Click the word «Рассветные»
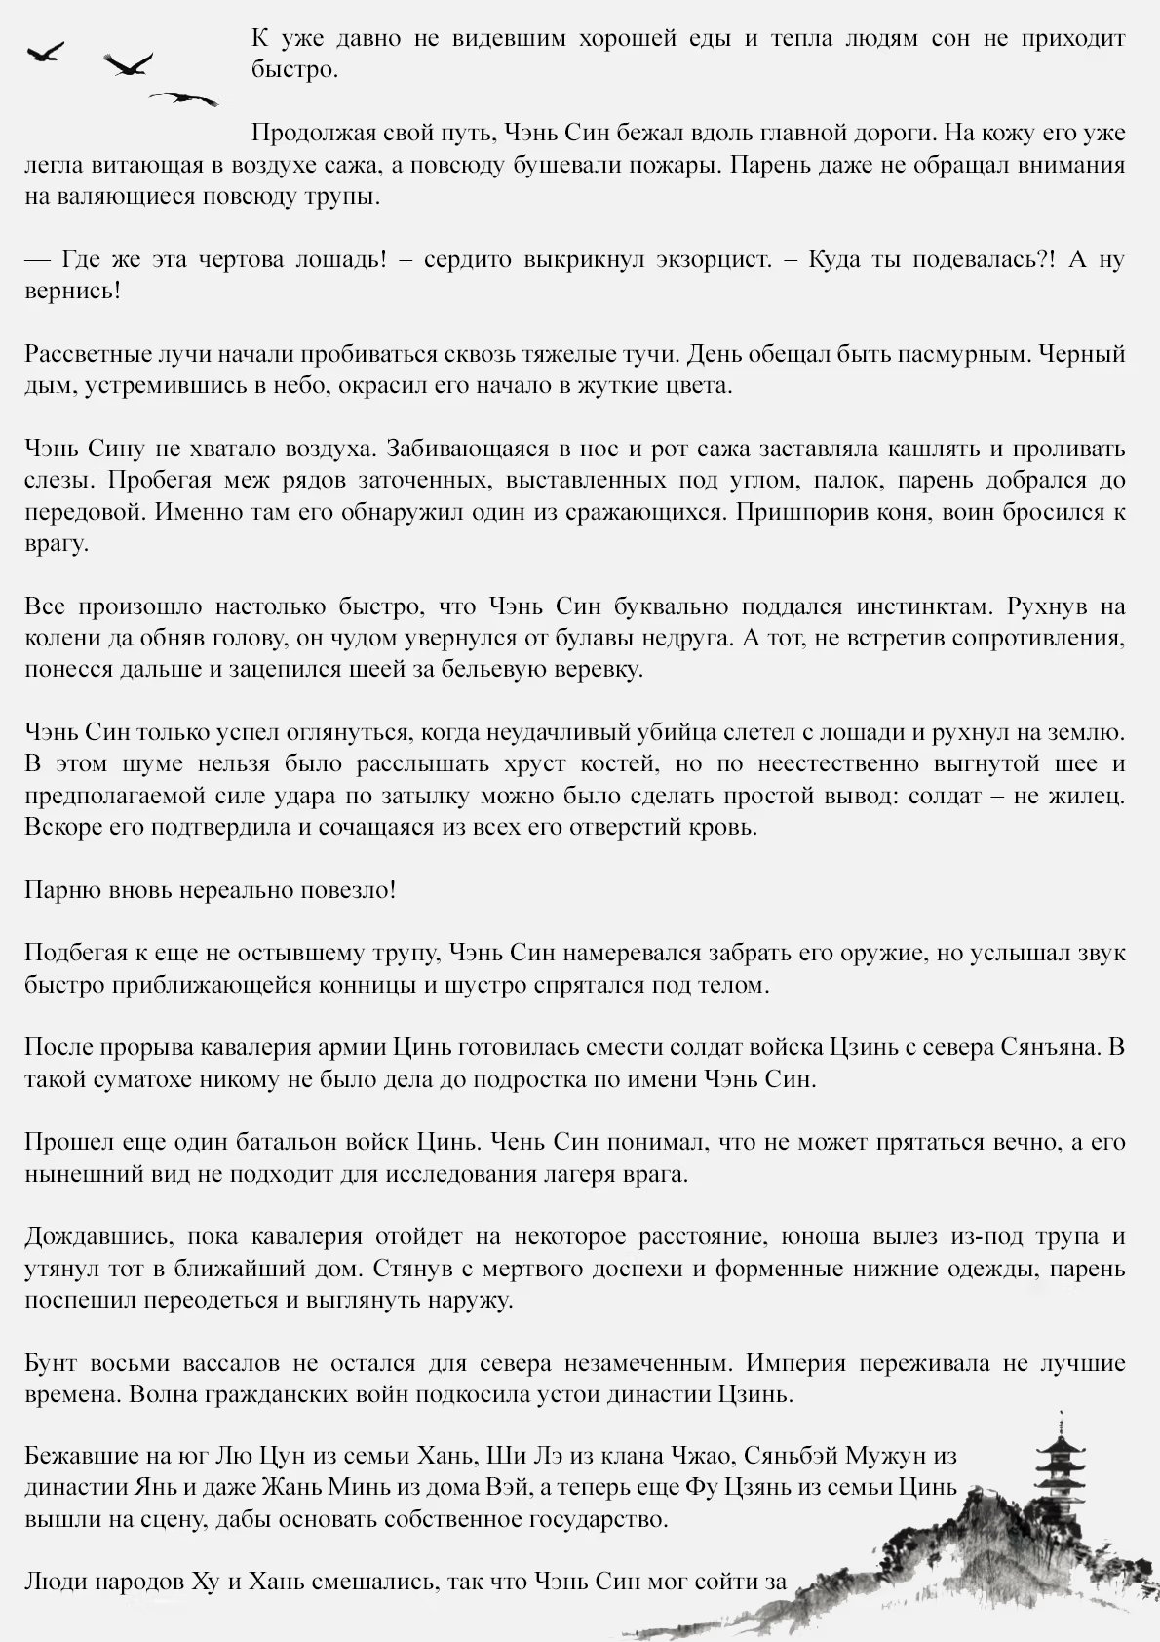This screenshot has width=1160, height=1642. pyautogui.click(x=88, y=354)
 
